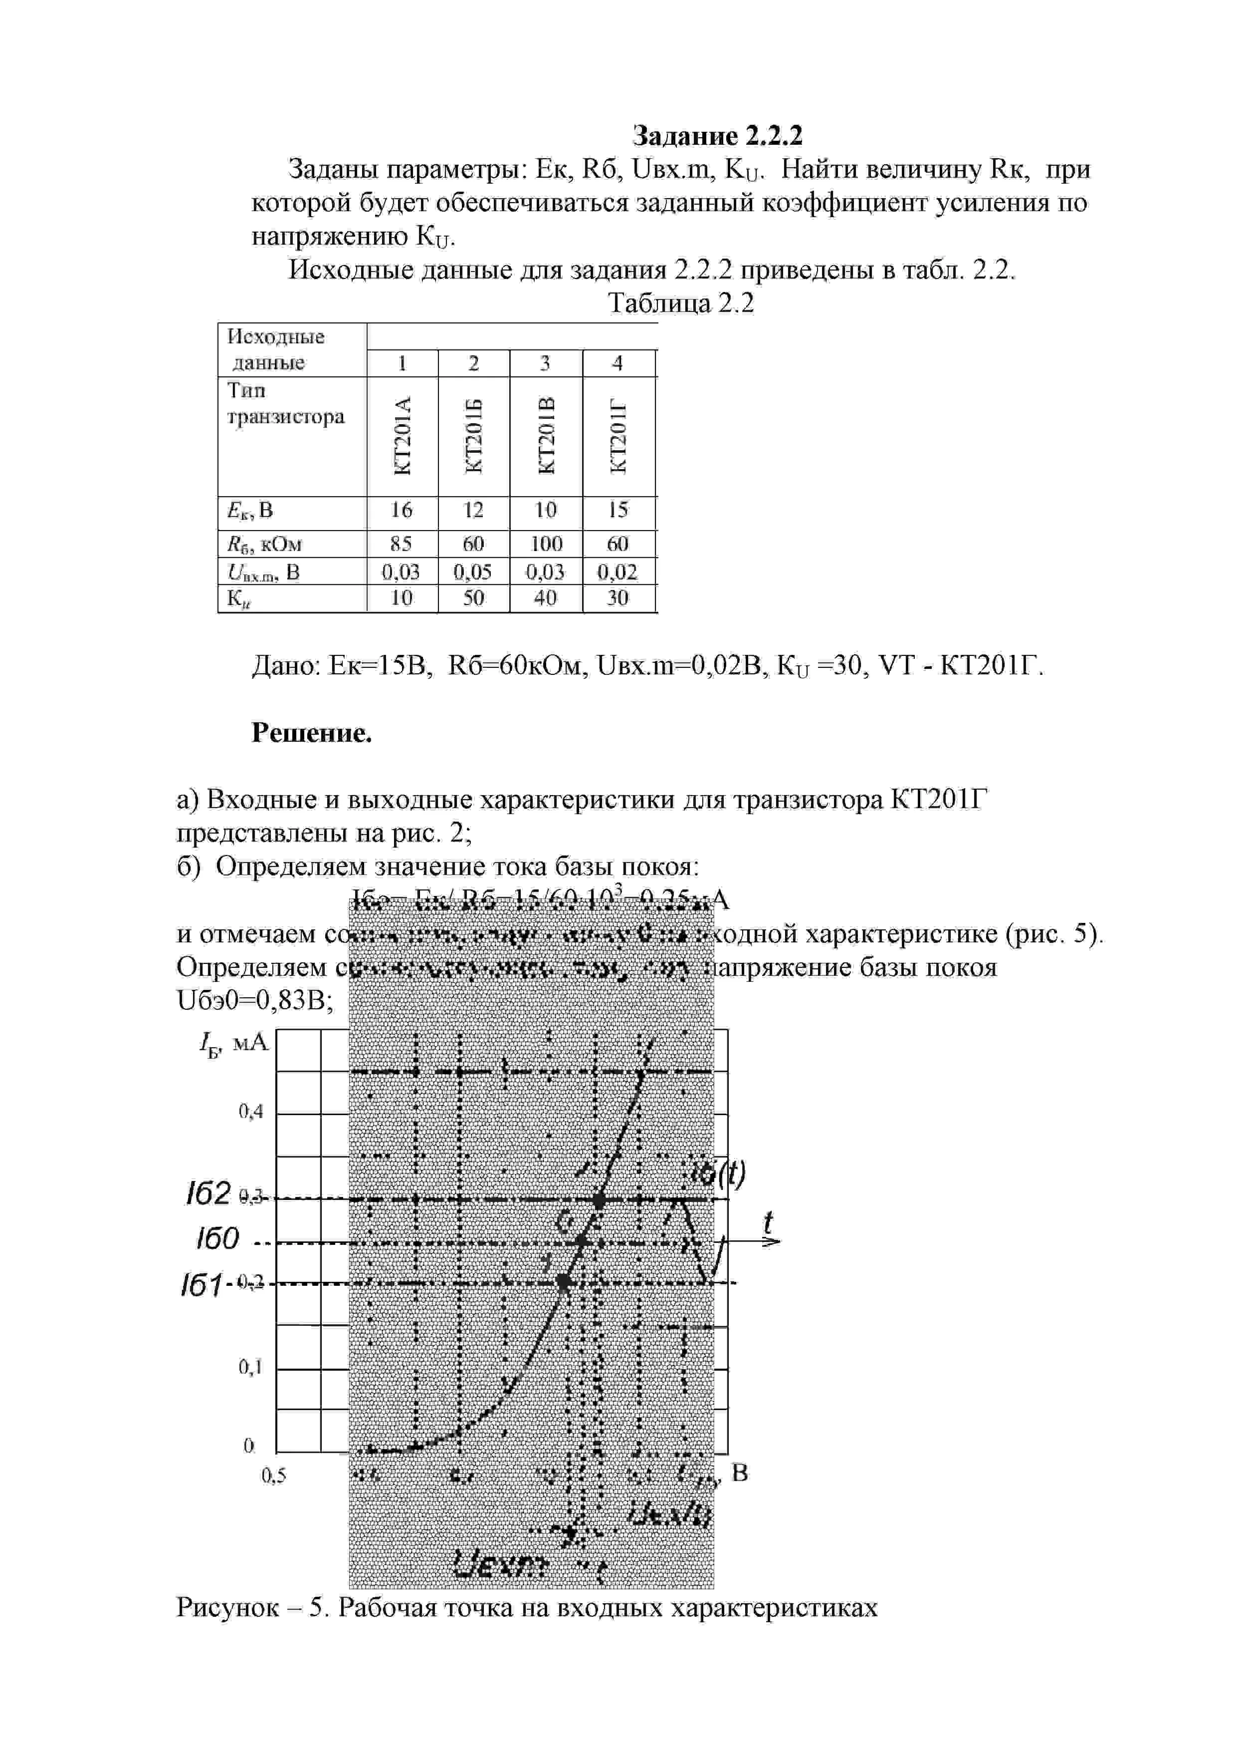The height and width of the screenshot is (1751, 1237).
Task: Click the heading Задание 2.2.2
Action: coord(717,136)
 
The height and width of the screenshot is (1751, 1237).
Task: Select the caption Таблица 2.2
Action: coord(681,303)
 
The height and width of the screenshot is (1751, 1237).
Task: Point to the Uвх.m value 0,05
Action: coord(473,571)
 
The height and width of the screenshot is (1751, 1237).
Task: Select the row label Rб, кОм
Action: coord(264,544)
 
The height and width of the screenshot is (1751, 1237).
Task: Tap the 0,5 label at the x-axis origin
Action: coord(274,1475)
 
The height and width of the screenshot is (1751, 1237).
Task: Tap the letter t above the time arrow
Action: coord(768,1222)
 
